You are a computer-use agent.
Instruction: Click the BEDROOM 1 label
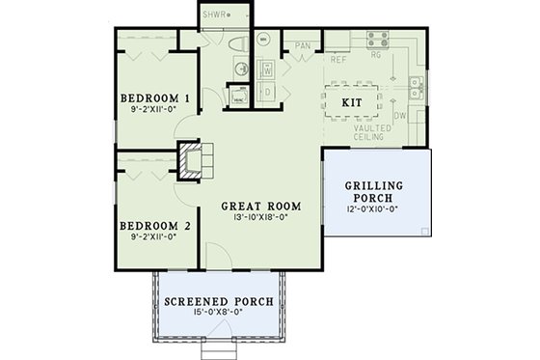point(153,99)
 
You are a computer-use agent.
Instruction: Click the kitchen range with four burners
point(375,42)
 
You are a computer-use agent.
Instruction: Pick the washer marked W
point(267,69)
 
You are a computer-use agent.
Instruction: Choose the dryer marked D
point(267,92)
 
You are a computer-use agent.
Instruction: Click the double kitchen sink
point(415,90)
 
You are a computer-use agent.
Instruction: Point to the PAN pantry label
point(302,43)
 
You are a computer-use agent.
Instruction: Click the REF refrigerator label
point(337,58)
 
